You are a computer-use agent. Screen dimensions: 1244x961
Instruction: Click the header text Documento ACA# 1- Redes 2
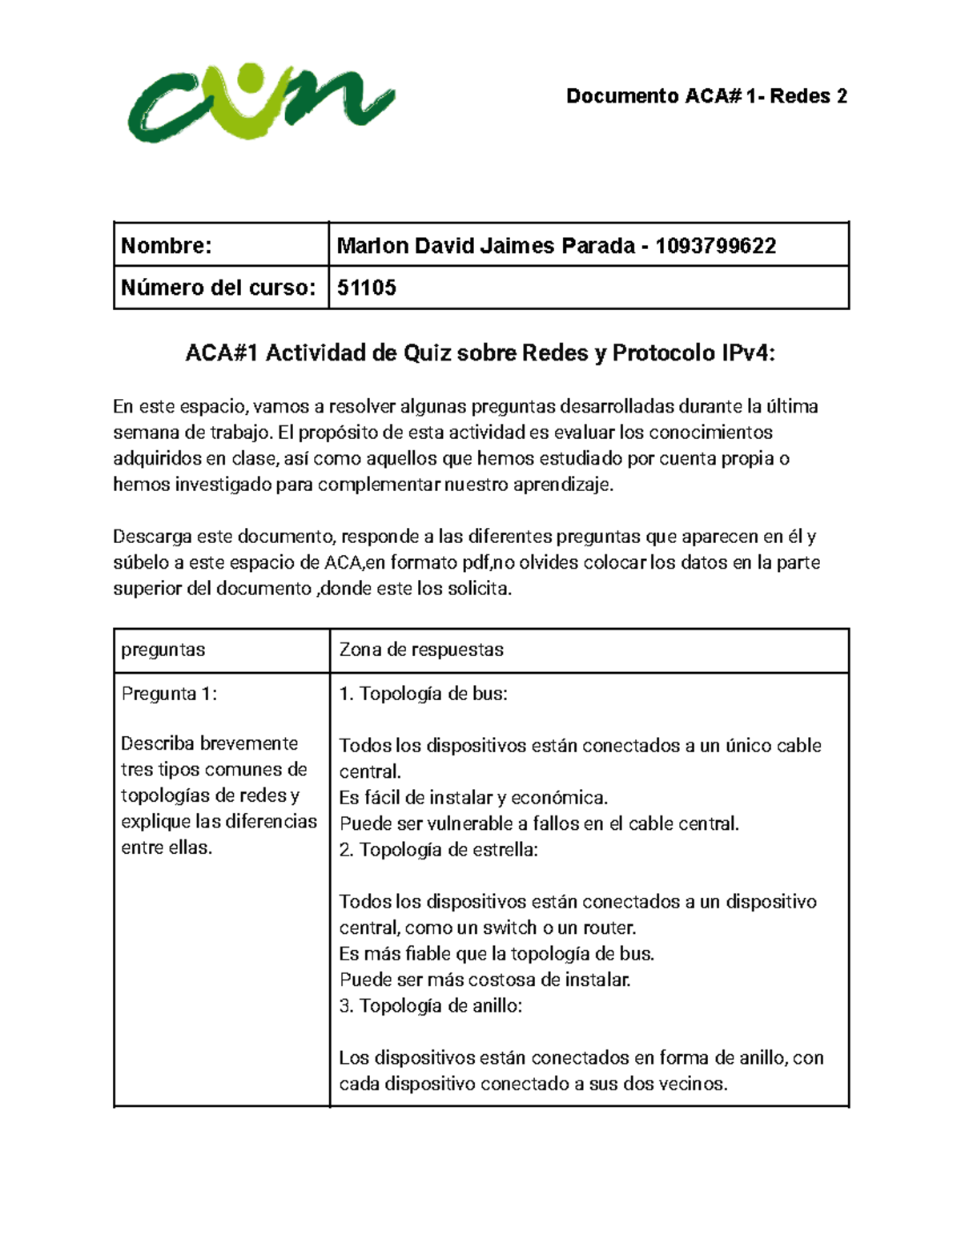706,96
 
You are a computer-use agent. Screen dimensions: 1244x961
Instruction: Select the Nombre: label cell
167,246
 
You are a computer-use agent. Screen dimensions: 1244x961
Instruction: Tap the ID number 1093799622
715,246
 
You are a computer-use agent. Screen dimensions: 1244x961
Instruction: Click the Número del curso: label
218,288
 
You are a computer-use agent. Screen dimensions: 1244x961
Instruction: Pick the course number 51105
366,288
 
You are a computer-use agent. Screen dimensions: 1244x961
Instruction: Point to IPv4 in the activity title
746,353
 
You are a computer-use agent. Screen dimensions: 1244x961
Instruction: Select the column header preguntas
163,650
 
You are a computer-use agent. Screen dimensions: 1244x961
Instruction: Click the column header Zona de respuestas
421,650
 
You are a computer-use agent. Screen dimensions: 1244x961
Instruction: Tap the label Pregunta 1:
168,694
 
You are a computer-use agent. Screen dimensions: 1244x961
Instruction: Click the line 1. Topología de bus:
423,694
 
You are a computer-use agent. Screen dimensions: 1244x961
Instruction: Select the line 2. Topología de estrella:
438,850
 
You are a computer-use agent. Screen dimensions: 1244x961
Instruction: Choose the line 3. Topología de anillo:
430,1006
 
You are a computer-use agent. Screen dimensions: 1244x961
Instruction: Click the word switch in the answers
509,928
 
